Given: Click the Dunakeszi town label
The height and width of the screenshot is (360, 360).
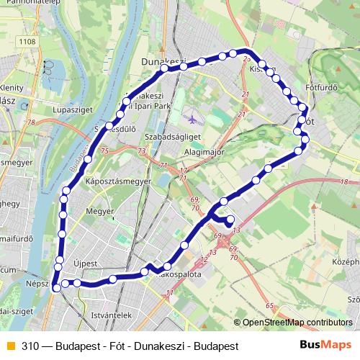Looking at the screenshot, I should click(164, 61).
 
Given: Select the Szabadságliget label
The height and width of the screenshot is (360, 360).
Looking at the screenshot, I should click(172, 135).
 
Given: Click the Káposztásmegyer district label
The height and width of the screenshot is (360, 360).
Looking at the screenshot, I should click(118, 181).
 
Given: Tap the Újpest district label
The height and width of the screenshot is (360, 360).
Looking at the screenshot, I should click(85, 264).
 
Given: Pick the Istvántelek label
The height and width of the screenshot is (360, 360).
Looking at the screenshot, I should click(107, 315).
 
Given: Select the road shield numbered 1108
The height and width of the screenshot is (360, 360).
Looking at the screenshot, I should click(28, 42).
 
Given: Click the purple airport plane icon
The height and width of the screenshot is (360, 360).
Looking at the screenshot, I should click(189, 118).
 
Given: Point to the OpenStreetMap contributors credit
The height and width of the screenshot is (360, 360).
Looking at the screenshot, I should click(297, 323).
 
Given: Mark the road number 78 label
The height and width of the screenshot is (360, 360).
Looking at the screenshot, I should click(31, 123).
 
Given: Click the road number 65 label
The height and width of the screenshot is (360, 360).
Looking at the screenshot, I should click(269, 306).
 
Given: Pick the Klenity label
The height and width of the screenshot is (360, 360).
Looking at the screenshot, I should click(14, 87).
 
